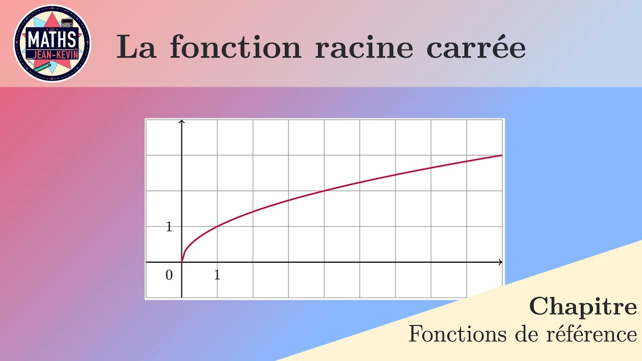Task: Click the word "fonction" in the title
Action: click(235, 48)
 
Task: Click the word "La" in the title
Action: click(136, 48)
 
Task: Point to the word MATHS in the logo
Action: click(52, 38)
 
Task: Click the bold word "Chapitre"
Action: click(583, 307)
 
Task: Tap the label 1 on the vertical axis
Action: click(169, 227)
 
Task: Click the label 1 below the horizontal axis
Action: click(217, 275)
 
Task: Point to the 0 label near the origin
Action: click(169, 275)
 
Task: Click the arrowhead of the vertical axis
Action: click(182, 122)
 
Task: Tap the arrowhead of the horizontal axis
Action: click(500, 262)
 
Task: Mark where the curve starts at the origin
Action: click(182, 262)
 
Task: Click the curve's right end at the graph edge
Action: click(501, 155)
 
